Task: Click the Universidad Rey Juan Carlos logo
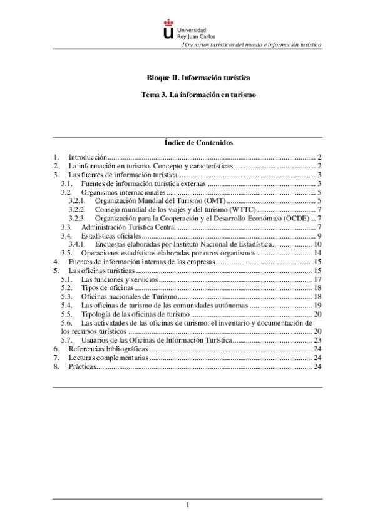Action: pyautogui.click(x=187, y=30)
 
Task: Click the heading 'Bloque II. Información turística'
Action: pyautogui.click(x=187, y=78)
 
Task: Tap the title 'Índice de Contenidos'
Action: pyautogui.click(x=187, y=143)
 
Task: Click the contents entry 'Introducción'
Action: pyautogui.click(x=88, y=157)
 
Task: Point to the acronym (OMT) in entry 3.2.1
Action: pyautogui.click(x=213, y=200)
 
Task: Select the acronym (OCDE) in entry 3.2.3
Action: pyautogui.click(x=295, y=218)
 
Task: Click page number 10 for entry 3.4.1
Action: pyautogui.click(x=317, y=244)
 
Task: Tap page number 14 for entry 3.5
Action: pyautogui.click(x=317, y=253)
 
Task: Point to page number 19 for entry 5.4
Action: pyautogui.click(x=317, y=305)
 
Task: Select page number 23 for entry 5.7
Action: pyautogui.click(x=317, y=340)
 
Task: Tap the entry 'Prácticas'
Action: pyautogui.click(x=82, y=366)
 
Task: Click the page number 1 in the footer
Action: pyautogui.click(x=187, y=505)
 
